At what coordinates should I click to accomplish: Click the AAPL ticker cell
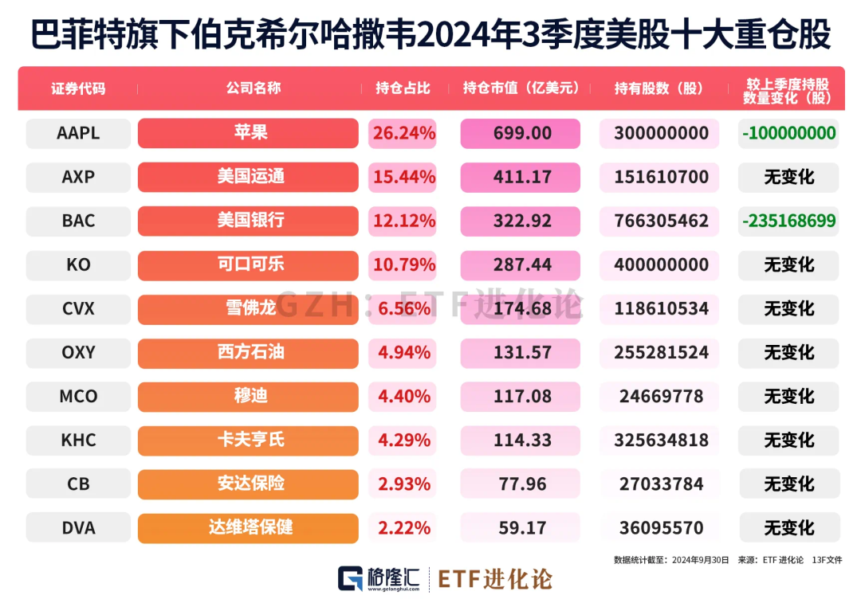coord(78,133)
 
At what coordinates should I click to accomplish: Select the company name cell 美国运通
coord(248,177)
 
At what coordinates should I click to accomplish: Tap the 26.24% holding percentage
coord(403,133)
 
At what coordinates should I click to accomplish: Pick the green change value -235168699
coord(788,221)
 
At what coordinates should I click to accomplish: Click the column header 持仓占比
coord(403,88)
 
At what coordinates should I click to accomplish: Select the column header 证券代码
coord(78,88)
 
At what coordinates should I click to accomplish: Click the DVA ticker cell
coord(78,528)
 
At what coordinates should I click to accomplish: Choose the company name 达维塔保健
coord(248,528)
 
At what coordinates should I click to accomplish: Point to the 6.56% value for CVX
coord(403,308)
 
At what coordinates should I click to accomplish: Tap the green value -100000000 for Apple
coord(788,133)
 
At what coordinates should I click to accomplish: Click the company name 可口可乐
coord(248,264)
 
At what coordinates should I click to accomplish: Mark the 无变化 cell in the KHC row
coord(788,440)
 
